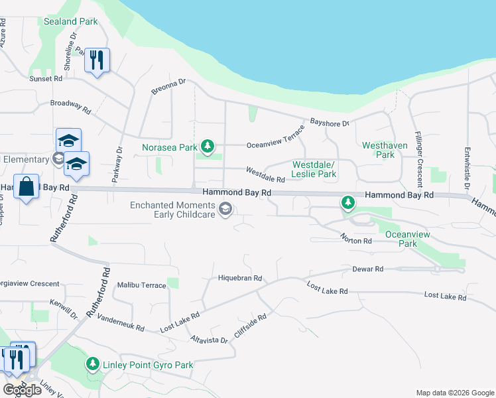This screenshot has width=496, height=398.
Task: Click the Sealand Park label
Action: pyautogui.click(x=70, y=21)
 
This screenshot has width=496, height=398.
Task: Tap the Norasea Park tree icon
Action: pyautogui.click(x=208, y=146)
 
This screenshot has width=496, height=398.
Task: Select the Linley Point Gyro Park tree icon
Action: pyautogui.click(x=93, y=364)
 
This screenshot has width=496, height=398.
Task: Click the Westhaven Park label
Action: pyautogui.click(x=379, y=150)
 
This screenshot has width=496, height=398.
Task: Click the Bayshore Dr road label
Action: pyautogui.click(x=330, y=123)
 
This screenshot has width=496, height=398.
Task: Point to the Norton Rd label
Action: pyautogui.click(x=356, y=237)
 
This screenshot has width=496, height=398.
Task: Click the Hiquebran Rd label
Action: pyautogui.click(x=240, y=279)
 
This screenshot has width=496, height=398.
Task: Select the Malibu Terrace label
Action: pyautogui.click(x=141, y=285)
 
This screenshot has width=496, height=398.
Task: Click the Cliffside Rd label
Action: pyautogui.click(x=250, y=326)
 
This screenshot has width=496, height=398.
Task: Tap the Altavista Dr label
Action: pyautogui.click(x=209, y=340)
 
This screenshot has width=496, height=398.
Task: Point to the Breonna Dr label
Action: pyautogui.click(x=169, y=87)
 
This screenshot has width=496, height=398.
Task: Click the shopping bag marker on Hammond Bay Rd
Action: pyautogui.click(x=26, y=187)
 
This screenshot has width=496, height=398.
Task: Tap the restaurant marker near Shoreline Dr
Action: pyautogui.click(x=97, y=61)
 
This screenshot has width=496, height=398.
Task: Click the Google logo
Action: pyautogui.click(x=22, y=390)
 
